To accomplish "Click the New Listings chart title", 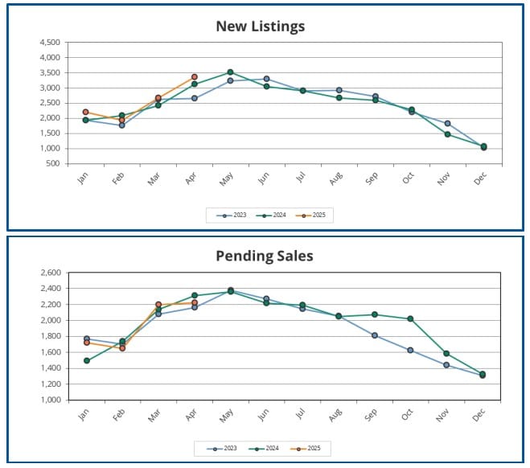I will pos(261,27).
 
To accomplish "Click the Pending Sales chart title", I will pos(264,257).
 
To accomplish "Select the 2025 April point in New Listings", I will pos(194,77).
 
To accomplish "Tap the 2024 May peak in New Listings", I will pos(230,72).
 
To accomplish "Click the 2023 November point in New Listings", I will pos(447,124).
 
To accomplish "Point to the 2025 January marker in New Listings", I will pos(86,112).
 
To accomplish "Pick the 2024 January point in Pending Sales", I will pos(86,360).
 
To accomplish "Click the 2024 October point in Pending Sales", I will pos(410,319).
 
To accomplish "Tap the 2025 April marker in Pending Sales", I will pos(194,302).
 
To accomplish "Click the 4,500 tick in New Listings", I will pos(49,42).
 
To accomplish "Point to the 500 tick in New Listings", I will pos(54,163).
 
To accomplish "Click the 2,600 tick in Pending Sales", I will pos(50,273).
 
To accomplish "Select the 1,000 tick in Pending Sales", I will pos(50,400).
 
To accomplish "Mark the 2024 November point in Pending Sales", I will pos(446,354).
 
